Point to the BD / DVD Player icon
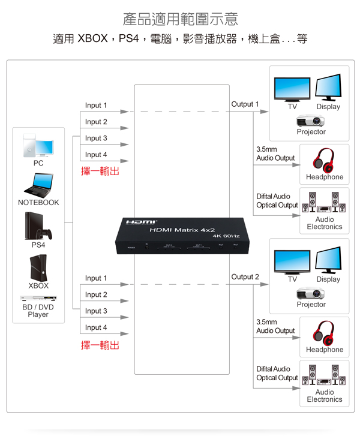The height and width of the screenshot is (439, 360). (38, 298)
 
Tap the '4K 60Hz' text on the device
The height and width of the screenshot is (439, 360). (226, 236)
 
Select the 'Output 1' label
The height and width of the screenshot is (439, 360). (245, 104)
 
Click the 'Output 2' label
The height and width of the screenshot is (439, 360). (245, 277)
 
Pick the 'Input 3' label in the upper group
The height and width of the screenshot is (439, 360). (96, 138)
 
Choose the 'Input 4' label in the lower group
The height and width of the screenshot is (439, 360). (96, 327)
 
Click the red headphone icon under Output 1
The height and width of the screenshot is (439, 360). (325, 158)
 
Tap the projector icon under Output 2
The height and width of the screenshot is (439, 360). (311, 293)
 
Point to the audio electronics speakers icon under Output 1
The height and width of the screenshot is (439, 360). (324, 203)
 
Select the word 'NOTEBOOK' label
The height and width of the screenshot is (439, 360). (38, 203)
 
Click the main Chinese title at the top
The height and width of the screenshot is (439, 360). (180, 19)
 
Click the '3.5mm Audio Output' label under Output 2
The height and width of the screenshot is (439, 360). (275, 326)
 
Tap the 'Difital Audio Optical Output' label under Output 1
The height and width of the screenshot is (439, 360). (277, 200)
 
